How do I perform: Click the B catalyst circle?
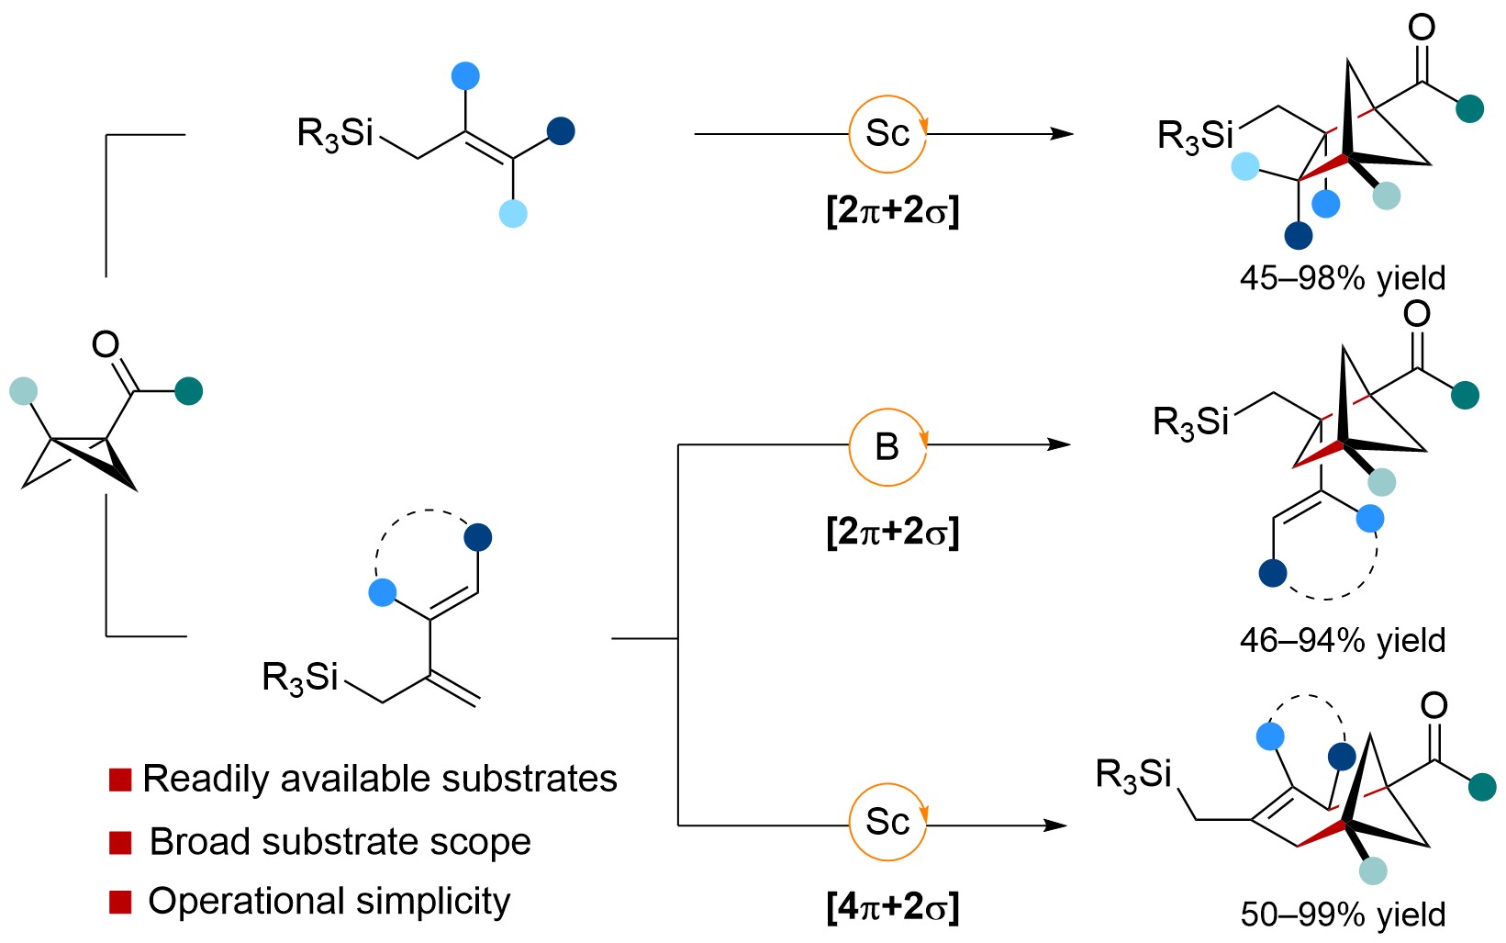point(887,447)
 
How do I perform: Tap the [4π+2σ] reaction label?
point(892,907)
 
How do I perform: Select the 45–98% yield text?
point(1342,277)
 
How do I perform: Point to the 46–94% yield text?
point(1342,640)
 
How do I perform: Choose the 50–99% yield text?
point(1342,914)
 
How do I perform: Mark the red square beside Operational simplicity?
point(120,902)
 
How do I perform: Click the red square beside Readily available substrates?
point(120,780)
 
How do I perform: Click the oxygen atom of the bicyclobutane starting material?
point(106,344)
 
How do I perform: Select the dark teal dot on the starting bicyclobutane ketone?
point(189,391)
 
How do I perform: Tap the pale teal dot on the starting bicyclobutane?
point(24,391)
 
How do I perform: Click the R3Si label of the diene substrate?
point(300,679)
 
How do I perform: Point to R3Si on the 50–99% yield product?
point(1133,775)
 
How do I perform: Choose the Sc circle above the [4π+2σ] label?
point(887,822)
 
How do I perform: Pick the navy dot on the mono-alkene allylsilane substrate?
point(561,131)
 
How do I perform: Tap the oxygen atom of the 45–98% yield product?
point(1422,28)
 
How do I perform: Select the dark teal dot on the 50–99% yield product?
point(1482,787)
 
